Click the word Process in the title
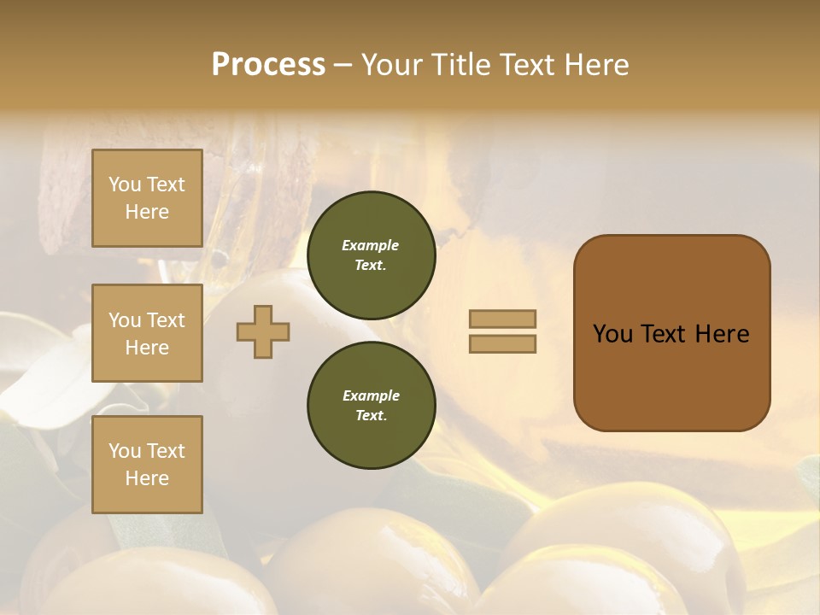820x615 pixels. [268, 65]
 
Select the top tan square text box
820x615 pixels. [147, 198]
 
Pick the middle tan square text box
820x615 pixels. [147, 333]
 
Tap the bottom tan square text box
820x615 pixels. [147, 465]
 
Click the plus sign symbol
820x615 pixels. [263, 331]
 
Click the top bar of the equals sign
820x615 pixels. [502, 319]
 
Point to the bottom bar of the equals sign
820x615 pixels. [502, 344]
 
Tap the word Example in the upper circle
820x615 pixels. [371, 245]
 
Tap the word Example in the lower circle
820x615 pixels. [371, 395]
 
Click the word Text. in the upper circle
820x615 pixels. [371, 265]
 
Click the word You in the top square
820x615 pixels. [125, 184]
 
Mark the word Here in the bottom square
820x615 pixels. [147, 478]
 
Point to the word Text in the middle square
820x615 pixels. [165, 320]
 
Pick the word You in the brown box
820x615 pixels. [612, 334]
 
